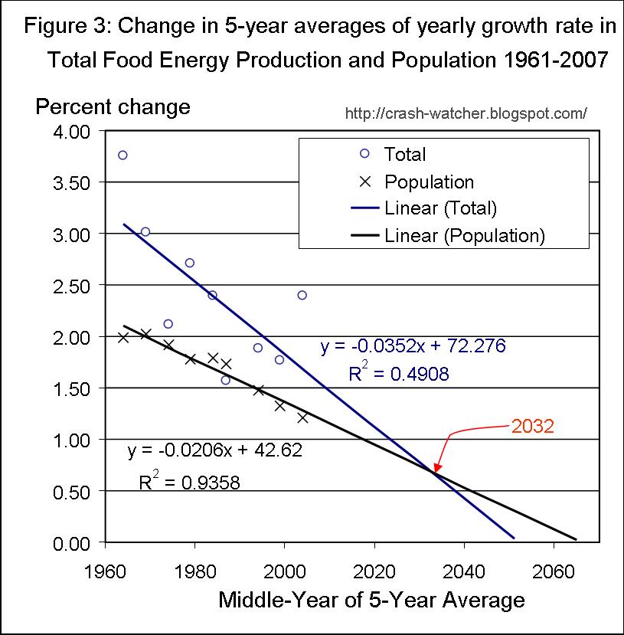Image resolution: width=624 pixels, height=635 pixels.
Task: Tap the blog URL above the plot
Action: point(466,113)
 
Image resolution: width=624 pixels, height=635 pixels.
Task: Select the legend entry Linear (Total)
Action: point(440,208)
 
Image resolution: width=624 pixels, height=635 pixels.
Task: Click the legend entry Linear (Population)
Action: point(464,235)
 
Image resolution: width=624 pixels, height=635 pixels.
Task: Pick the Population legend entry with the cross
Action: point(429,182)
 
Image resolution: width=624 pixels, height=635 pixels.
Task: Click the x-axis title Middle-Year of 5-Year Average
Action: point(371,599)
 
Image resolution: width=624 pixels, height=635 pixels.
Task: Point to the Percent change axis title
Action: point(113,106)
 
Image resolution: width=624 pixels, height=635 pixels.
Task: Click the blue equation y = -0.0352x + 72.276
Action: point(413,346)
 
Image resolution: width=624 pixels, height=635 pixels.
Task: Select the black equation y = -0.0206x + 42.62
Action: point(214,450)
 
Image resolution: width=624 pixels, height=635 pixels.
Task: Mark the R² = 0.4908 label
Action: point(398,374)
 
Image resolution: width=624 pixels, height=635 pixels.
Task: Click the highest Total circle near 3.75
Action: point(123,155)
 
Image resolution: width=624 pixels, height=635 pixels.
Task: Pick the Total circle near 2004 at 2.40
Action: point(302,295)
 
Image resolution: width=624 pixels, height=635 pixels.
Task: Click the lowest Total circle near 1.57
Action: point(226,380)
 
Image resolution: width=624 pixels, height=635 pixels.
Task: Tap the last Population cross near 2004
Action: point(302,417)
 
